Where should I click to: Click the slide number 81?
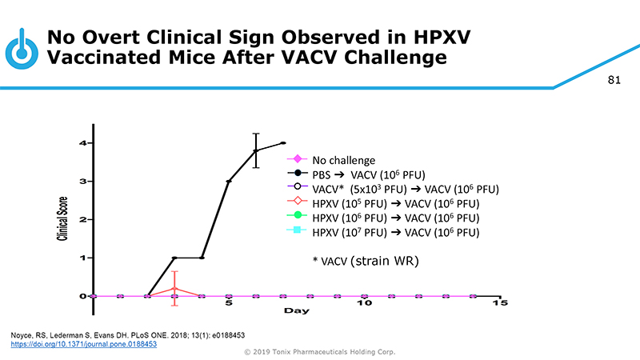tap(614, 80)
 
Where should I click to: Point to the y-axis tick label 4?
tap(82, 143)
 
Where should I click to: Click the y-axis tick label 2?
tap(82, 219)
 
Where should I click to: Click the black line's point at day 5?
tap(229, 182)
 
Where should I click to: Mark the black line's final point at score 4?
tap(283, 143)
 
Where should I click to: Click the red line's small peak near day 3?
tap(174, 288)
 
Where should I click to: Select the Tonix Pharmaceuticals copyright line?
tap(319, 352)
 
